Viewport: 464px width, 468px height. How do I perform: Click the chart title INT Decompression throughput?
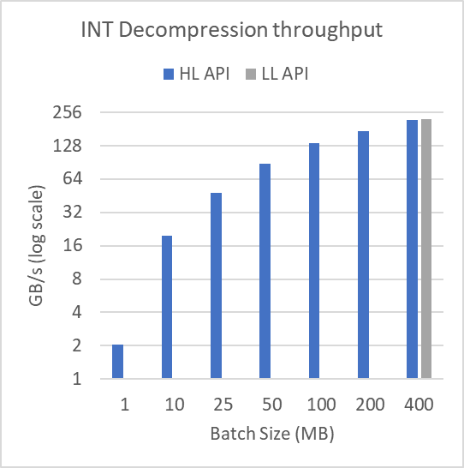coord(231,32)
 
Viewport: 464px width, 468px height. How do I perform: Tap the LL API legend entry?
coord(275,74)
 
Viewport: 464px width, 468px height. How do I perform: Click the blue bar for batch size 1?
coord(117,361)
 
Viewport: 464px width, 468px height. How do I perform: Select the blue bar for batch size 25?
coord(216,285)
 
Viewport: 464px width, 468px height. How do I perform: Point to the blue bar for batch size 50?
coord(265,270)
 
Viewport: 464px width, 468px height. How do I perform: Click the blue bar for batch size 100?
coord(314,260)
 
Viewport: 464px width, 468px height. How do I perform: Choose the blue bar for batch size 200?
coord(363,254)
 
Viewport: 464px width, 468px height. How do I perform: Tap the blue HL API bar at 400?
coord(412,249)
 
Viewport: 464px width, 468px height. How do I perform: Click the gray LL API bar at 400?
coord(426,249)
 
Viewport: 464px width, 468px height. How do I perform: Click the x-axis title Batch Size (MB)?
coord(271,434)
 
